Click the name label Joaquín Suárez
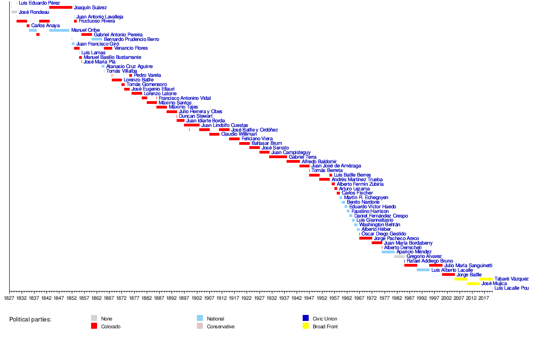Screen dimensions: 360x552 point(90,8)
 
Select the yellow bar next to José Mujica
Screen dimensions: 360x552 point(473,284)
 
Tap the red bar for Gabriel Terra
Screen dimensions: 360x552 point(278,157)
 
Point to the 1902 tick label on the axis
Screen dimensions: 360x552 point(196,298)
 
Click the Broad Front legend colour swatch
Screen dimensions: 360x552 point(305,326)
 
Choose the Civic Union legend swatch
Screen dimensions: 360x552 point(305,318)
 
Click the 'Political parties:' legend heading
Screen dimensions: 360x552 point(30,319)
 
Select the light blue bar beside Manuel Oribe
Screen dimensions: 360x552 point(59,30)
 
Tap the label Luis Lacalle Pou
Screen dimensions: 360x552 point(512,288)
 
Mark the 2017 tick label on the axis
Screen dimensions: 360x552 point(483,298)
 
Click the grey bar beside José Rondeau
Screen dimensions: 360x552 point(14,12)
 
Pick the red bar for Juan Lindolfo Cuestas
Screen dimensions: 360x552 point(192,125)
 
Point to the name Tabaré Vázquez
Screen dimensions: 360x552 point(512,279)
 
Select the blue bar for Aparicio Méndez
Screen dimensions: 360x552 point(388,252)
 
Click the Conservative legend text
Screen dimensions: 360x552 point(221,327)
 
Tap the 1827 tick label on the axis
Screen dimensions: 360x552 point(9,298)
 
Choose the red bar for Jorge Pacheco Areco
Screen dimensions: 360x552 point(366,239)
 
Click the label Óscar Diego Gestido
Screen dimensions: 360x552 point(384,234)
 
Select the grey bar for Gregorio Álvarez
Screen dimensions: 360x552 point(399,257)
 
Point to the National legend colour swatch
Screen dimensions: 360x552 point(200,318)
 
